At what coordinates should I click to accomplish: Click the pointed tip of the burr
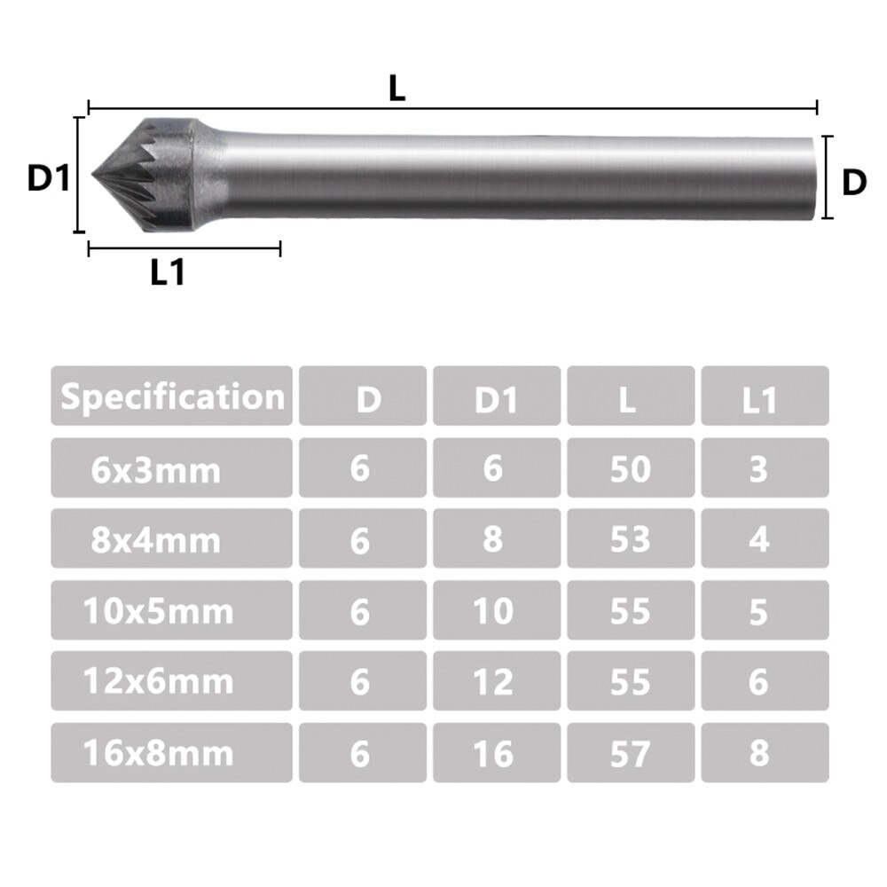coord(94,174)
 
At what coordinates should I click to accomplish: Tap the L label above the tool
coord(396,88)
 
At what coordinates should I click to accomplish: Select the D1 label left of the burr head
coord(47,178)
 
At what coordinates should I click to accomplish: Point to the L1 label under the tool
coord(168,273)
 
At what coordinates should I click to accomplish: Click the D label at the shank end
coord(852,182)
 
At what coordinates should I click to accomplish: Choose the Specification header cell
coord(172,396)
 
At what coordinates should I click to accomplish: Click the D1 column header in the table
coord(495,398)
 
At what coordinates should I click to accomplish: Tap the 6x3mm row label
coord(155,467)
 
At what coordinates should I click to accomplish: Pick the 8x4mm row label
coord(155,539)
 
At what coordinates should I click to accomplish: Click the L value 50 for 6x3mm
coord(630,468)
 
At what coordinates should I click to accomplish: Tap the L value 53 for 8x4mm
coord(630,539)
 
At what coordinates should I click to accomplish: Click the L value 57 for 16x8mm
coord(630,753)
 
